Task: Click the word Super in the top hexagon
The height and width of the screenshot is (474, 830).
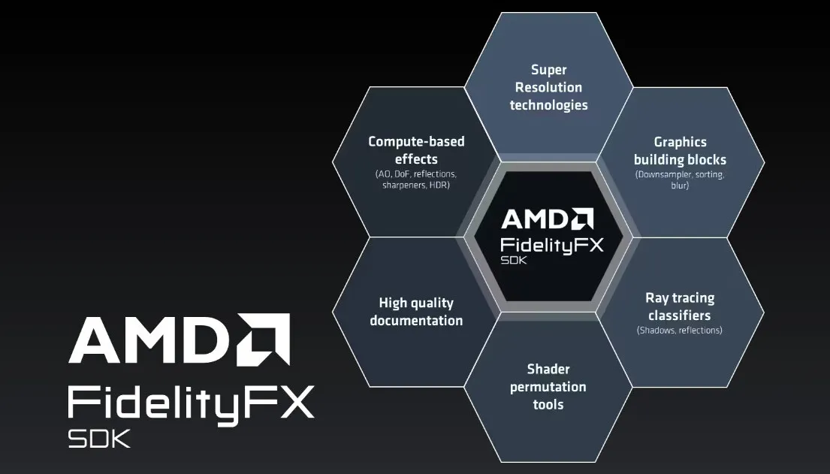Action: [x=549, y=70]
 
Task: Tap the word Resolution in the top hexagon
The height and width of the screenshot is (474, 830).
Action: [x=549, y=87]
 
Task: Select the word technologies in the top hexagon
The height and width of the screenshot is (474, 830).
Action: [x=549, y=105]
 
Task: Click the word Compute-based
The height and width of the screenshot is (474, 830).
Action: [x=417, y=142]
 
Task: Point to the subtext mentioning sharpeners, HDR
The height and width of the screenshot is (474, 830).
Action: [x=416, y=186]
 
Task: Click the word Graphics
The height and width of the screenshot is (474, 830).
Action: [x=681, y=143]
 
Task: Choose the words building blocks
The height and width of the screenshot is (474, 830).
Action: [x=681, y=159]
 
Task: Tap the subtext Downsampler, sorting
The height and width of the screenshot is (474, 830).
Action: [x=681, y=174]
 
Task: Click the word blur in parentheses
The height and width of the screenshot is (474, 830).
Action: [x=680, y=186]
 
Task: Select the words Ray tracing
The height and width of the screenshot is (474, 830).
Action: [x=681, y=298]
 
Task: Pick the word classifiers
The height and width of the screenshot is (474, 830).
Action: [x=680, y=315]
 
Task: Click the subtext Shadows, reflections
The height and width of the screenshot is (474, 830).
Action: [x=680, y=331]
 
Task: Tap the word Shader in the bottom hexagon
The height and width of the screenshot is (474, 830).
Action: [x=548, y=369]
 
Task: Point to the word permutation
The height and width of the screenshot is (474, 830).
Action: [x=548, y=387]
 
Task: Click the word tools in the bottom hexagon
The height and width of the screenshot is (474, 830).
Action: [x=548, y=405]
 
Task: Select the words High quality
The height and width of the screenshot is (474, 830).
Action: [x=417, y=303]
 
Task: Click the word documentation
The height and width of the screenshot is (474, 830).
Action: [x=417, y=321]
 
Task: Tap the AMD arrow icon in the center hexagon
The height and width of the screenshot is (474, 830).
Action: [x=583, y=219]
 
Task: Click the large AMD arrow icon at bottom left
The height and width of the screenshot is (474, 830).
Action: [x=264, y=339]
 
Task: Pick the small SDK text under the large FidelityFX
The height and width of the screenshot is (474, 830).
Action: [x=99, y=439]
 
